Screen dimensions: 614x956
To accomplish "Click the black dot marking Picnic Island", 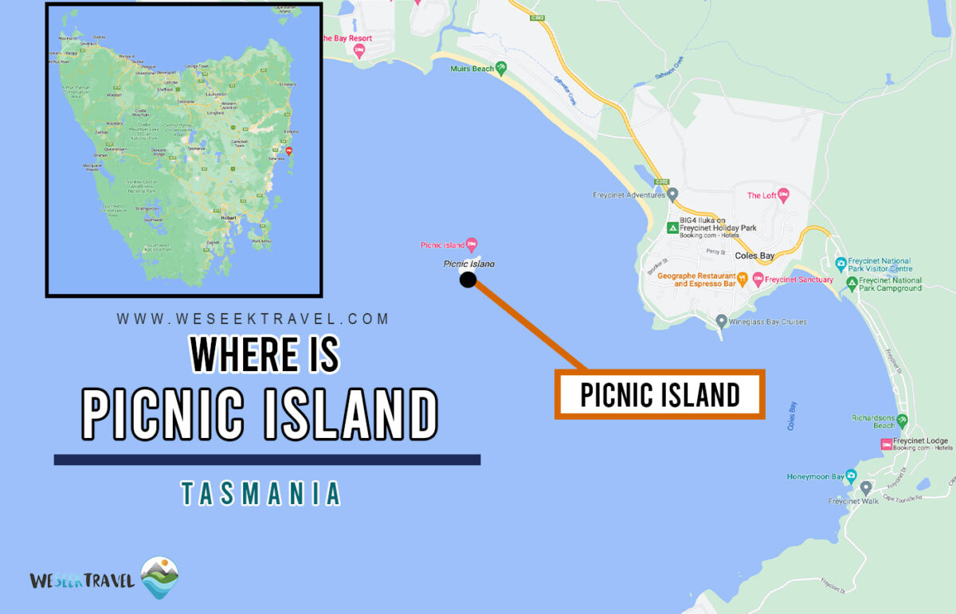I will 468,280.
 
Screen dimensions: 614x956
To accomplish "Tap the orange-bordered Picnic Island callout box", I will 660,394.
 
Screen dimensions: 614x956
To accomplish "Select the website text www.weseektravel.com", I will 253,319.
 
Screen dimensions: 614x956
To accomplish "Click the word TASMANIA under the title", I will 261,494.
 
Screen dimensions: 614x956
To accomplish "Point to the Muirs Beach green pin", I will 501,68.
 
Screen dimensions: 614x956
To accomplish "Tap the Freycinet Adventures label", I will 629,194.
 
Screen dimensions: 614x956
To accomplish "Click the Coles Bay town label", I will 754,256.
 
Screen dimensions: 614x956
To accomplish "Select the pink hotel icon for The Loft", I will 783,194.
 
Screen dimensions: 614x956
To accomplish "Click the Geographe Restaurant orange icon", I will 742,279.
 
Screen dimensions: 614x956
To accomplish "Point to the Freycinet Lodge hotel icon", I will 886,444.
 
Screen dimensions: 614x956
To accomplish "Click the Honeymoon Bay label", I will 815,477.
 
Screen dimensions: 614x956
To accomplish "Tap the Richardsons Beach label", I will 873,420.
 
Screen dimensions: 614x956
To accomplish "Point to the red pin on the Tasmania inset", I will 288,151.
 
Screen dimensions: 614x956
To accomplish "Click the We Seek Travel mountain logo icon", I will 159,577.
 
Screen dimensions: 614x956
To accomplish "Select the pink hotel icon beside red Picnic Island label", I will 472,244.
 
